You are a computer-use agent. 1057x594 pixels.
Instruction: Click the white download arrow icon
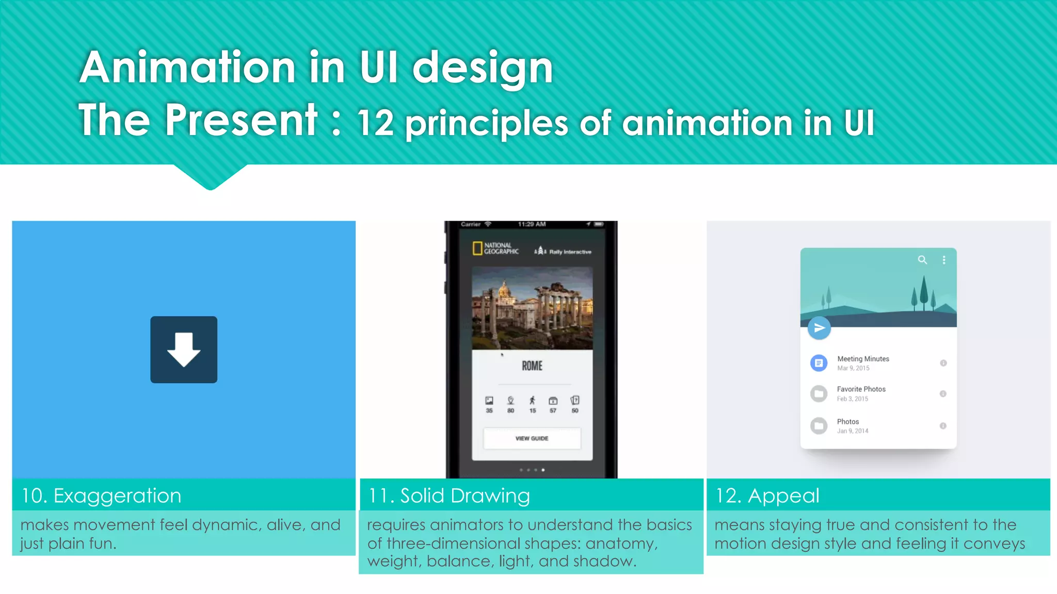tap(184, 350)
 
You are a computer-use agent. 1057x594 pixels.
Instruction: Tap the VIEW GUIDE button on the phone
tap(532, 438)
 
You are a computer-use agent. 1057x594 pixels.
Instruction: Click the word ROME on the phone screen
tap(532, 366)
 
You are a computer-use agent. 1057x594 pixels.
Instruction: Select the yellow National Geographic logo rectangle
tap(477, 249)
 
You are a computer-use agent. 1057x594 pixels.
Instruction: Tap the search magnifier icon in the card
tap(922, 260)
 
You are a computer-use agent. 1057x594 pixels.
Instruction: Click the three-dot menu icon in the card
tap(944, 260)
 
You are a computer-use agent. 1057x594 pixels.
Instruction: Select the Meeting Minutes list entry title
tap(863, 359)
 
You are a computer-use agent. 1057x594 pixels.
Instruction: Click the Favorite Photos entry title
tap(861, 389)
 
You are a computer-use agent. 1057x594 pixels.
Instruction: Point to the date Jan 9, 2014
tap(853, 431)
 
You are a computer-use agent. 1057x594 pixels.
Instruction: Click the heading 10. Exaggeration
tap(101, 496)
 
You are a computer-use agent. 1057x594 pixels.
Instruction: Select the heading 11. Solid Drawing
tap(449, 496)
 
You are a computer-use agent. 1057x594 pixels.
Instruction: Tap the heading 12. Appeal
tap(767, 496)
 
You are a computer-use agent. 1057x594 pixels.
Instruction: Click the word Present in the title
tap(241, 120)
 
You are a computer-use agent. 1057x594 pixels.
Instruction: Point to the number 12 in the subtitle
tap(375, 124)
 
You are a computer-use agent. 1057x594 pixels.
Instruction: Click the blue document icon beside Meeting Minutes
tap(819, 363)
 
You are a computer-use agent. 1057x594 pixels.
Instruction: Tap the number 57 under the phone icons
tap(553, 410)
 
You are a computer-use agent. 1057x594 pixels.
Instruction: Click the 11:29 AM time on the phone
tap(532, 224)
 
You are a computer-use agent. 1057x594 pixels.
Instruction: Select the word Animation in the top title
tap(187, 68)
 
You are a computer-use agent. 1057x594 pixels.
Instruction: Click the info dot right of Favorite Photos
tap(943, 394)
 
